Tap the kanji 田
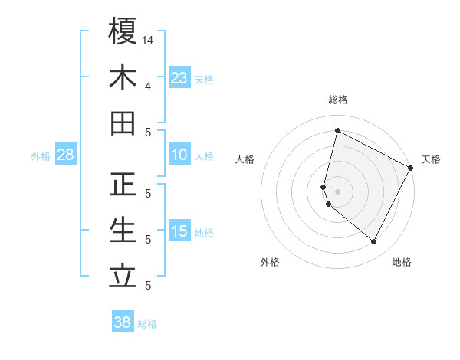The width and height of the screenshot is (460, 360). tap(123, 123)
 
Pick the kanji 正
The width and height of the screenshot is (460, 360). tap(123, 185)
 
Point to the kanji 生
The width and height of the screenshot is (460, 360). tap(123, 231)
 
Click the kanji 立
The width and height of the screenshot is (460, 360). tap(123, 277)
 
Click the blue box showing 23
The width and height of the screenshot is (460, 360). tap(179, 78)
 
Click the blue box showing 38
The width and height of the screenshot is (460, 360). tap(123, 322)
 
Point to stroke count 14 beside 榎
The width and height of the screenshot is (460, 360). tap(149, 39)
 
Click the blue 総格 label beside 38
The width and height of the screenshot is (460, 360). tap(147, 324)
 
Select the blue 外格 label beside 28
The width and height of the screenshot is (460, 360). tap(41, 156)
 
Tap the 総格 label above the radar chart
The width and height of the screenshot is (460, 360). tap(338, 100)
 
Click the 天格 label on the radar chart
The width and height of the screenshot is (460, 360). tap(431, 159)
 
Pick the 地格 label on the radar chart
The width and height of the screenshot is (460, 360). tap(402, 262)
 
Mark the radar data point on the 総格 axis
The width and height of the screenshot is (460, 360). tap(337, 131)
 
